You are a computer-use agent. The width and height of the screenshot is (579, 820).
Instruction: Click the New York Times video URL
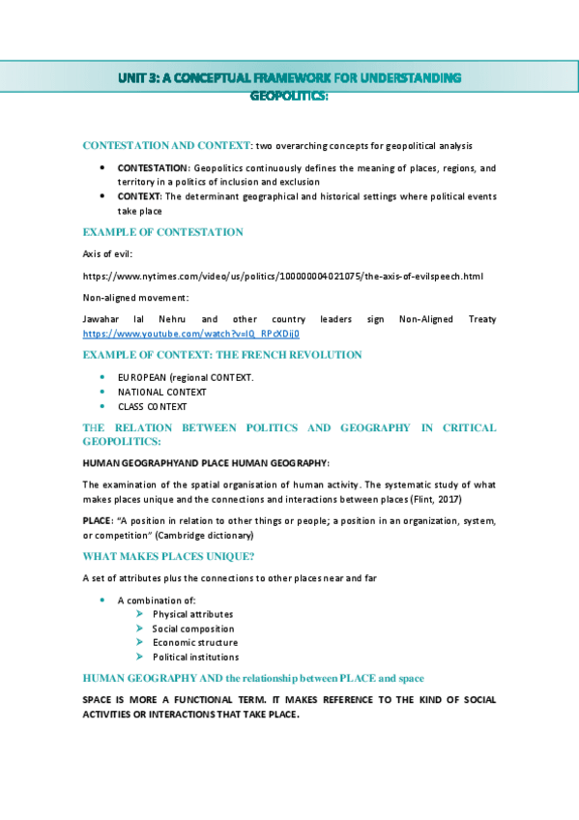pos(282,277)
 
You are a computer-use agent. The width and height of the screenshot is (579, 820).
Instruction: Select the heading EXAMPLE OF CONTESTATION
pos(162,232)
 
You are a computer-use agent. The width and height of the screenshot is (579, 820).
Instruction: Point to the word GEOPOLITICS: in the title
pos(290,96)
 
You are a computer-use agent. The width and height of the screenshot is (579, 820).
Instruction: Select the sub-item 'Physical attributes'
pos(192,614)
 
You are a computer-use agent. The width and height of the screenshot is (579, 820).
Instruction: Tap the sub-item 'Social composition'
pos(192,629)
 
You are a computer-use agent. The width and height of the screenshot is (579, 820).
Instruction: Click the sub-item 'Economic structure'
pos(194,642)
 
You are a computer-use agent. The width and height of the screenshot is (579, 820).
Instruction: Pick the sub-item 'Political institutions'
pos(195,658)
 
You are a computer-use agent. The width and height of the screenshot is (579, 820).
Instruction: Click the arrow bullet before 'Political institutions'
pos(140,658)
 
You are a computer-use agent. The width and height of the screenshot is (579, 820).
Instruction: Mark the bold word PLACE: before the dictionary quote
pos(98,520)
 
